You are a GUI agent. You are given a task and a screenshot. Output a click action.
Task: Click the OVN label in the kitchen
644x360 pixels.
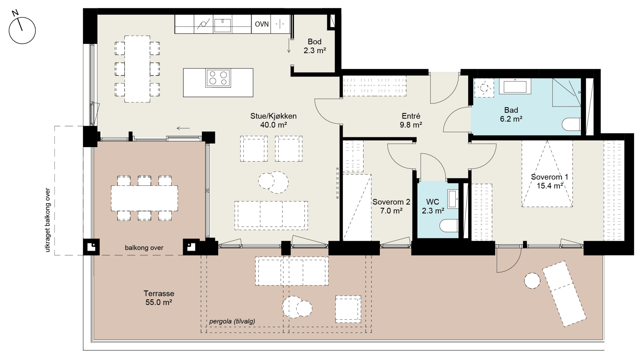(262, 24)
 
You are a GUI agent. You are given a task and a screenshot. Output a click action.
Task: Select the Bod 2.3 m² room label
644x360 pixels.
(314, 46)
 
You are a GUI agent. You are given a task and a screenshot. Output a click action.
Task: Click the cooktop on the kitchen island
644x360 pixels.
(218, 78)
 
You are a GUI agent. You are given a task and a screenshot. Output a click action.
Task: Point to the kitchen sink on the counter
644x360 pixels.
(223, 25)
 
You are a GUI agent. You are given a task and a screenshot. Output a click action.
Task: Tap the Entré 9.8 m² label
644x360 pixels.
(411, 120)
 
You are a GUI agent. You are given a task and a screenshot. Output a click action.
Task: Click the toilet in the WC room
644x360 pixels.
(449, 226)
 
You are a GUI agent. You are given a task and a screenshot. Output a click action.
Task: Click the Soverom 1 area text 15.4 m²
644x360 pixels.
(550, 186)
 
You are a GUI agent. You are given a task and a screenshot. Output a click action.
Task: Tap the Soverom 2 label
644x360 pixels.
(391, 202)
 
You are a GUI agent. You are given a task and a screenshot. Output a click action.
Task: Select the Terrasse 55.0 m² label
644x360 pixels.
(159, 298)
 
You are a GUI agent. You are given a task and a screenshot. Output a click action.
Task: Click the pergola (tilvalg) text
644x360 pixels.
(232, 321)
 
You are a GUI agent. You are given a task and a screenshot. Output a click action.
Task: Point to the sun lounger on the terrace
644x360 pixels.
(564, 294)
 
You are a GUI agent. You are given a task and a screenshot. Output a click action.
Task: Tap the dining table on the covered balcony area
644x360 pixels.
(144, 198)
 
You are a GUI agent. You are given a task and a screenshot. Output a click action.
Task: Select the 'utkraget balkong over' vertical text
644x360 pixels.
(48, 220)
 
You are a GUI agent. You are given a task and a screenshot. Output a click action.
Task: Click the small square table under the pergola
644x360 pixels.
(348, 309)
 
